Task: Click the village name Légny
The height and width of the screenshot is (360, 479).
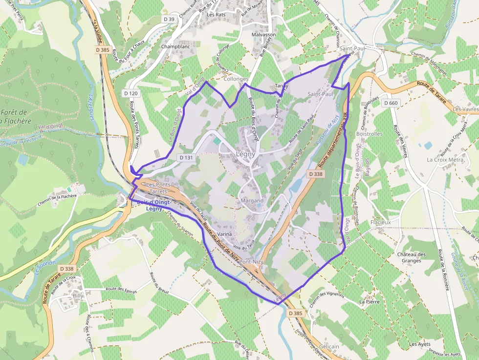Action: tap(245, 154)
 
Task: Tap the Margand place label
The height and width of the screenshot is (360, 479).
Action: tap(252, 201)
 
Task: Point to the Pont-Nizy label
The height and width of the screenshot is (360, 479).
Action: tap(252, 262)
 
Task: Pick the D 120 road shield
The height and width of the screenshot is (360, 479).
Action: tap(131, 93)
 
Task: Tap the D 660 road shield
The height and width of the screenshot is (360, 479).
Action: tap(391, 103)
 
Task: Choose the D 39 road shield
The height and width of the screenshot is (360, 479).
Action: tap(169, 19)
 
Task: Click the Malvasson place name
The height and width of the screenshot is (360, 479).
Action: tap(264, 35)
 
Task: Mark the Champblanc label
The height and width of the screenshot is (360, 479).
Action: tap(175, 47)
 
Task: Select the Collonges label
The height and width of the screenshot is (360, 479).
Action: tap(236, 79)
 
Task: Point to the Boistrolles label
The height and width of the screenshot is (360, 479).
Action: tap(369, 133)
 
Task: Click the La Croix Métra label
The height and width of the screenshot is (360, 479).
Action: tap(445, 160)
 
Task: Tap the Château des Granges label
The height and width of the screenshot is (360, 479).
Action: tap(411, 257)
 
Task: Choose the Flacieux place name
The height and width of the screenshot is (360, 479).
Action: tap(381, 222)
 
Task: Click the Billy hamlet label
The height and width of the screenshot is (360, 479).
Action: tap(78, 296)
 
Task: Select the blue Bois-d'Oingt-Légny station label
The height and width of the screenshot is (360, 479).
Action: tap(153, 205)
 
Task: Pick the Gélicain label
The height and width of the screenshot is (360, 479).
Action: tap(329, 346)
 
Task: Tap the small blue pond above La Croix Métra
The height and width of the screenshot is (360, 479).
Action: tap(428, 146)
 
